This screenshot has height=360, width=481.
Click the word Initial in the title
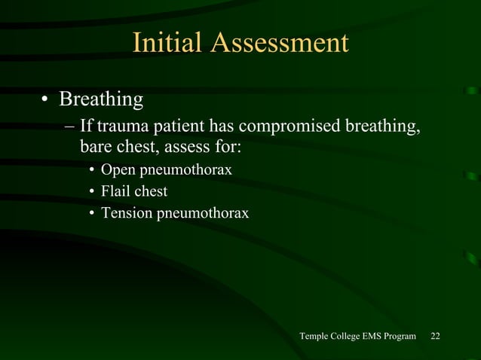click(x=167, y=43)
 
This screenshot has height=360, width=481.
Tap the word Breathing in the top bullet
click(x=101, y=99)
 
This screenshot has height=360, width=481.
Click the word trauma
click(x=121, y=124)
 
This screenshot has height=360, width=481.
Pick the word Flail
click(x=121, y=191)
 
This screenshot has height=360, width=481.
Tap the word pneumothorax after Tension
click(x=202, y=214)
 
